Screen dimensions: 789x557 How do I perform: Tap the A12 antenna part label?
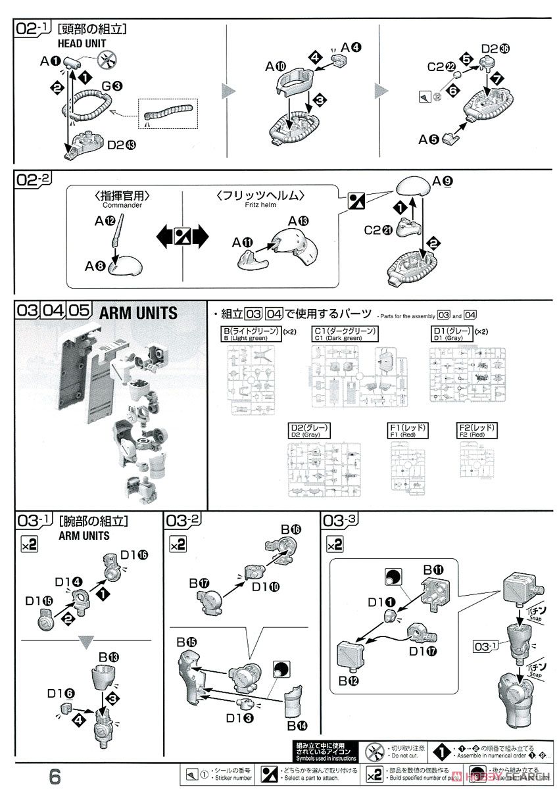coord(104,221)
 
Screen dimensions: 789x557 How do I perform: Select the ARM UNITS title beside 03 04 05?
coord(137,312)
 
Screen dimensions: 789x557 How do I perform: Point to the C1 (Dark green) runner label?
coord(346,333)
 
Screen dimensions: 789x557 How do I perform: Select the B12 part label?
coord(349,681)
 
